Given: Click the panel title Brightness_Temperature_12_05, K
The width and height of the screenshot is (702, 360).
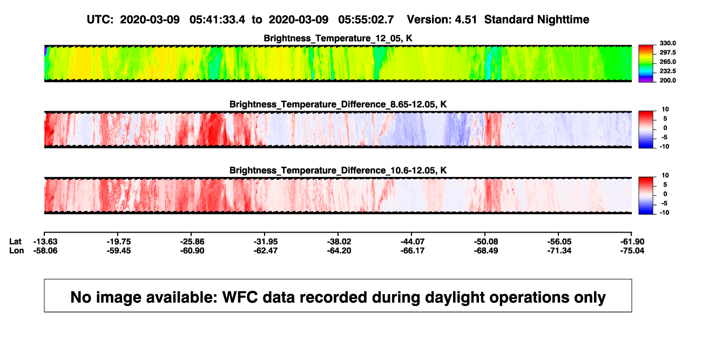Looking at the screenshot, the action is pyautogui.click(x=338, y=38).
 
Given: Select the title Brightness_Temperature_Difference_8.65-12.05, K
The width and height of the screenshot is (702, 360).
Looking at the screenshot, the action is pyautogui.click(x=338, y=104).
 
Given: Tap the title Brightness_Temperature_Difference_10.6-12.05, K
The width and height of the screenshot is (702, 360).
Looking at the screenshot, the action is pyautogui.click(x=338, y=171).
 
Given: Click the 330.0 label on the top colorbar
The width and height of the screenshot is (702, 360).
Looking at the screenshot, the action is pyautogui.click(x=667, y=43).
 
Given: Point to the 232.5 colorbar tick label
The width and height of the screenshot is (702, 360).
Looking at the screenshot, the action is pyautogui.click(x=667, y=71).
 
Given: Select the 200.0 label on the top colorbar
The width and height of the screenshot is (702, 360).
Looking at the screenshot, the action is pyautogui.click(x=667, y=80).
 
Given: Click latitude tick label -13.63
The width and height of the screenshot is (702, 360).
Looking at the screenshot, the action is pyautogui.click(x=45, y=242).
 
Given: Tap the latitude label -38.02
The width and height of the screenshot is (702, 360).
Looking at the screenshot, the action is pyautogui.click(x=339, y=242).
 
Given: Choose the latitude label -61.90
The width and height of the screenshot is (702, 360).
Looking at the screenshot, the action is pyautogui.click(x=632, y=242).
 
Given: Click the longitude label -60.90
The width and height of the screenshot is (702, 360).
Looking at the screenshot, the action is pyautogui.click(x=192, y=250).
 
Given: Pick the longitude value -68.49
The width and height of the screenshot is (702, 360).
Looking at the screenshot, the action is pyautogui.click(x=486, y=250).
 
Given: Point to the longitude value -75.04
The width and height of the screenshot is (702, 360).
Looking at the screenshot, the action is pyautogui.click(x=632, y=250).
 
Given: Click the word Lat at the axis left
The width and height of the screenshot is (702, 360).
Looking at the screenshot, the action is pyautogui.click(x=15, y=242).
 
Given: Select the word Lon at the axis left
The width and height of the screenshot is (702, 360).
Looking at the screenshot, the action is pyautogui.click(x=16, y=250).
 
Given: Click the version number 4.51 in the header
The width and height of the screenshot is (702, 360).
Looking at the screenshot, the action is pyautogui.click(x=465, y=19).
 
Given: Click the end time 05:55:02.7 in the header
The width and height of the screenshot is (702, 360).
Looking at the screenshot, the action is pyautogui.click(x=366, y=19).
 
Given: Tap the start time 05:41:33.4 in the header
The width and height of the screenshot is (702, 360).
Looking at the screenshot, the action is pyautogui.click(x=217, y=19).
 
